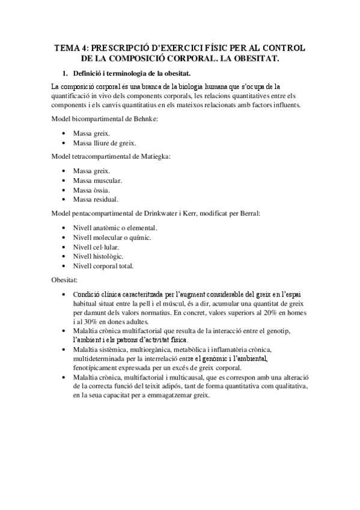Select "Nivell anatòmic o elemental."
click(115, 228)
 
